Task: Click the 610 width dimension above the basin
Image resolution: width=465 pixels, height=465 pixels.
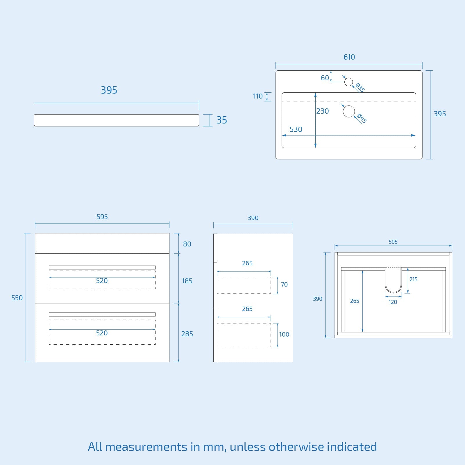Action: [349, 57]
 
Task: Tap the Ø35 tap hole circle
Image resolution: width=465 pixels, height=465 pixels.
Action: [348, 82]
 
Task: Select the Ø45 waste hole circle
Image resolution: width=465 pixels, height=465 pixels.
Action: [349, 111]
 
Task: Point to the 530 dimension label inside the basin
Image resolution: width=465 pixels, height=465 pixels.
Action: [296, 129]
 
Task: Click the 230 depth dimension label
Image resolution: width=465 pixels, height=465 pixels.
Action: [323, 111]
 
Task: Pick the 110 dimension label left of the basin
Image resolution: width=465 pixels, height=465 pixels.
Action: [258, 96]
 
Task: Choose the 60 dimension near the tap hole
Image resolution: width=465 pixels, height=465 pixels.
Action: [325, 78]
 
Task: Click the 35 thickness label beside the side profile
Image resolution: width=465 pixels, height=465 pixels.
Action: [221, 120]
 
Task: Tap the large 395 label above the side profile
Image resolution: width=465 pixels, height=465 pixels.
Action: [109, 90]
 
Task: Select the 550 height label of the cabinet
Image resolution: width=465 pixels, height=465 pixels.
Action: [17, 298]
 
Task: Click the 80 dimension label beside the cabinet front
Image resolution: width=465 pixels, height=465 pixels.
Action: [187, 244]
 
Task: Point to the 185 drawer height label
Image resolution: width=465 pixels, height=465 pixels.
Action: [187, 281]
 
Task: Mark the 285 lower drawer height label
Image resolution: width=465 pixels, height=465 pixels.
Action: [187, 334]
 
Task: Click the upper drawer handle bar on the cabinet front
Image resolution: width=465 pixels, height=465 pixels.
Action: [102, 267]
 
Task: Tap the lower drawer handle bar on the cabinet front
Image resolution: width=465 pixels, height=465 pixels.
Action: [102, 314]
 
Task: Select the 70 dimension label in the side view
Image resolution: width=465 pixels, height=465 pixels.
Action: [284, 285]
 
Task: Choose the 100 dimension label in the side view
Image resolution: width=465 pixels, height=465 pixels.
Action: [284, 335]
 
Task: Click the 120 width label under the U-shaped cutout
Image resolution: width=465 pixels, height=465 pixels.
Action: [393, 302]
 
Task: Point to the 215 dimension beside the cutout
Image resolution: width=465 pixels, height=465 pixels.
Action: [413, 280]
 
